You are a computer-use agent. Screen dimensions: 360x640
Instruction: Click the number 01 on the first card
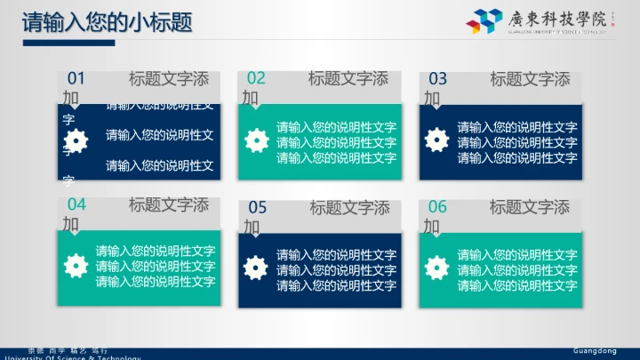coord(76,78)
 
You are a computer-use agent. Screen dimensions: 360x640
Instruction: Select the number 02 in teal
coord(256,78)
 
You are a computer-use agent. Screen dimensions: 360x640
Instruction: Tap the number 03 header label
coord(438,78)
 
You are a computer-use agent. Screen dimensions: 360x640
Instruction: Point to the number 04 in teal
coord(76,204)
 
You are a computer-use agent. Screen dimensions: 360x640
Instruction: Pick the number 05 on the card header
coord(257,208)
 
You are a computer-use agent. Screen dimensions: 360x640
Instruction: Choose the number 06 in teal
coord(438,207)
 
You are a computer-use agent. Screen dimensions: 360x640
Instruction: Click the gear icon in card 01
coord(77,140)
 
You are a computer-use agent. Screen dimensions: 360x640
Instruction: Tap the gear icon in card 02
coord(257,140)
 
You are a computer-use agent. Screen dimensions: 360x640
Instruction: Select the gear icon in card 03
coord(436,140)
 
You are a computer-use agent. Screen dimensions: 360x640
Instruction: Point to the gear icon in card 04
coord(77,265)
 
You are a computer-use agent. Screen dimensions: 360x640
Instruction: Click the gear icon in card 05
coord(257,266)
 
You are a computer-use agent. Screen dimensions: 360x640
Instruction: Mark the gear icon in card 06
coord(436,266)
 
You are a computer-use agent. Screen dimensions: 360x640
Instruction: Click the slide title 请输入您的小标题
coord(108,22)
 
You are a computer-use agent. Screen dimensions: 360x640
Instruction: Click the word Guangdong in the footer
coord(595,351)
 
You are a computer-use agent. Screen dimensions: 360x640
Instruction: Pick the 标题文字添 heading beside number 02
coord(348,78)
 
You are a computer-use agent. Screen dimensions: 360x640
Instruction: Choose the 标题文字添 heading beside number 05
coord(350,208)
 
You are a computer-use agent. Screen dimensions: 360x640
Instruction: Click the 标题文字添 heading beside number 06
coord(530,207)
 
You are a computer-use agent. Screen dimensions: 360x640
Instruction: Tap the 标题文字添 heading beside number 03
coord(530,78)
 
